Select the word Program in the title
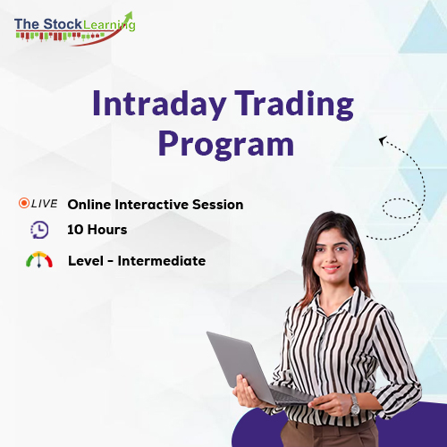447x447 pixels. tap(224, 144)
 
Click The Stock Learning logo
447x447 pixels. tap(73, 26)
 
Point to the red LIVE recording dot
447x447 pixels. tap(23, 204)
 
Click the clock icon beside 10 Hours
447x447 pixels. tap(39, 230)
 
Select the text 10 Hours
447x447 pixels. tap(97, 230)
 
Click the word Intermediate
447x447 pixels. tap(162, 261)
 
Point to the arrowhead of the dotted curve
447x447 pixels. tap(383, 140)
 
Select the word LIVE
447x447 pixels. tap(44, 204)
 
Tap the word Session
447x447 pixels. tap(218, 204)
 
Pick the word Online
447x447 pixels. tap(89, 204)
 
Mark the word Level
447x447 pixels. tap(86, 261)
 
